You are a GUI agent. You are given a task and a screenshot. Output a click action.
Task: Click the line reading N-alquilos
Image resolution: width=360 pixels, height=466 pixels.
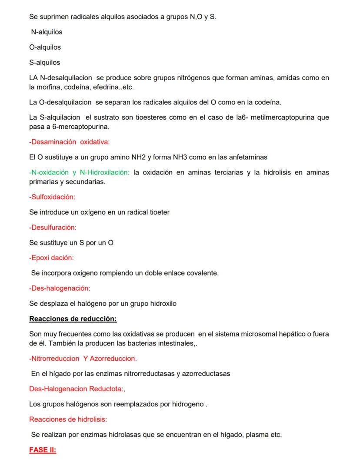(x=47, y=32)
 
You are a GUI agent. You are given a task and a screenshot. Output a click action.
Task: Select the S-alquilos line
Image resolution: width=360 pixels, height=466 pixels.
(x=45, y=62)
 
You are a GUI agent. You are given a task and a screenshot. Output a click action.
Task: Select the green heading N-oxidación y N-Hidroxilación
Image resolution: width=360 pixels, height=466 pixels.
(x=79, y=172)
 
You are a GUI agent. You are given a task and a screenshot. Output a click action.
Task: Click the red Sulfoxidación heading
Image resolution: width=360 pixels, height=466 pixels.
(x=52, y=197)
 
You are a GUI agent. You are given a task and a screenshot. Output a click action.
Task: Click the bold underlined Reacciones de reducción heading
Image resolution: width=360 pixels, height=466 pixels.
(x=73, y=319)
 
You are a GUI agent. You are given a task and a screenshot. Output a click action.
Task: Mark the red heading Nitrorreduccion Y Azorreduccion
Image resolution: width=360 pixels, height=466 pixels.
(x=83, y=359)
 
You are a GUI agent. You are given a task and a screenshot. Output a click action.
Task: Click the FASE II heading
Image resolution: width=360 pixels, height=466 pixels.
(x=43, y=450)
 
